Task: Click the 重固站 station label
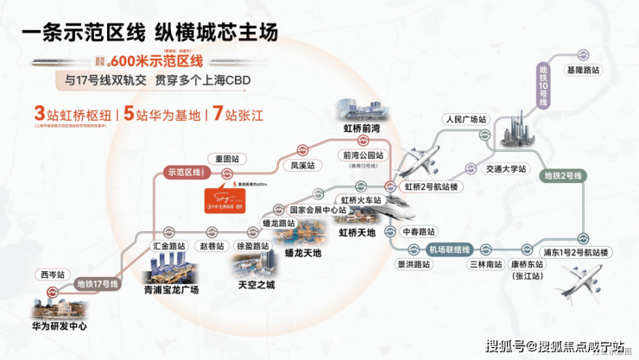click(x=228, y=158)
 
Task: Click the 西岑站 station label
click(x=52, y=275)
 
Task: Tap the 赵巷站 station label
click(x=211, y=246)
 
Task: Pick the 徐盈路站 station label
click(x=253, y=246)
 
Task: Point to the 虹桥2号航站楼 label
click(x=432, y=186)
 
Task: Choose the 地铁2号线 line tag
click(x=563, y=176)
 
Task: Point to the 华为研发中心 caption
click(x=59, y=328)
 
